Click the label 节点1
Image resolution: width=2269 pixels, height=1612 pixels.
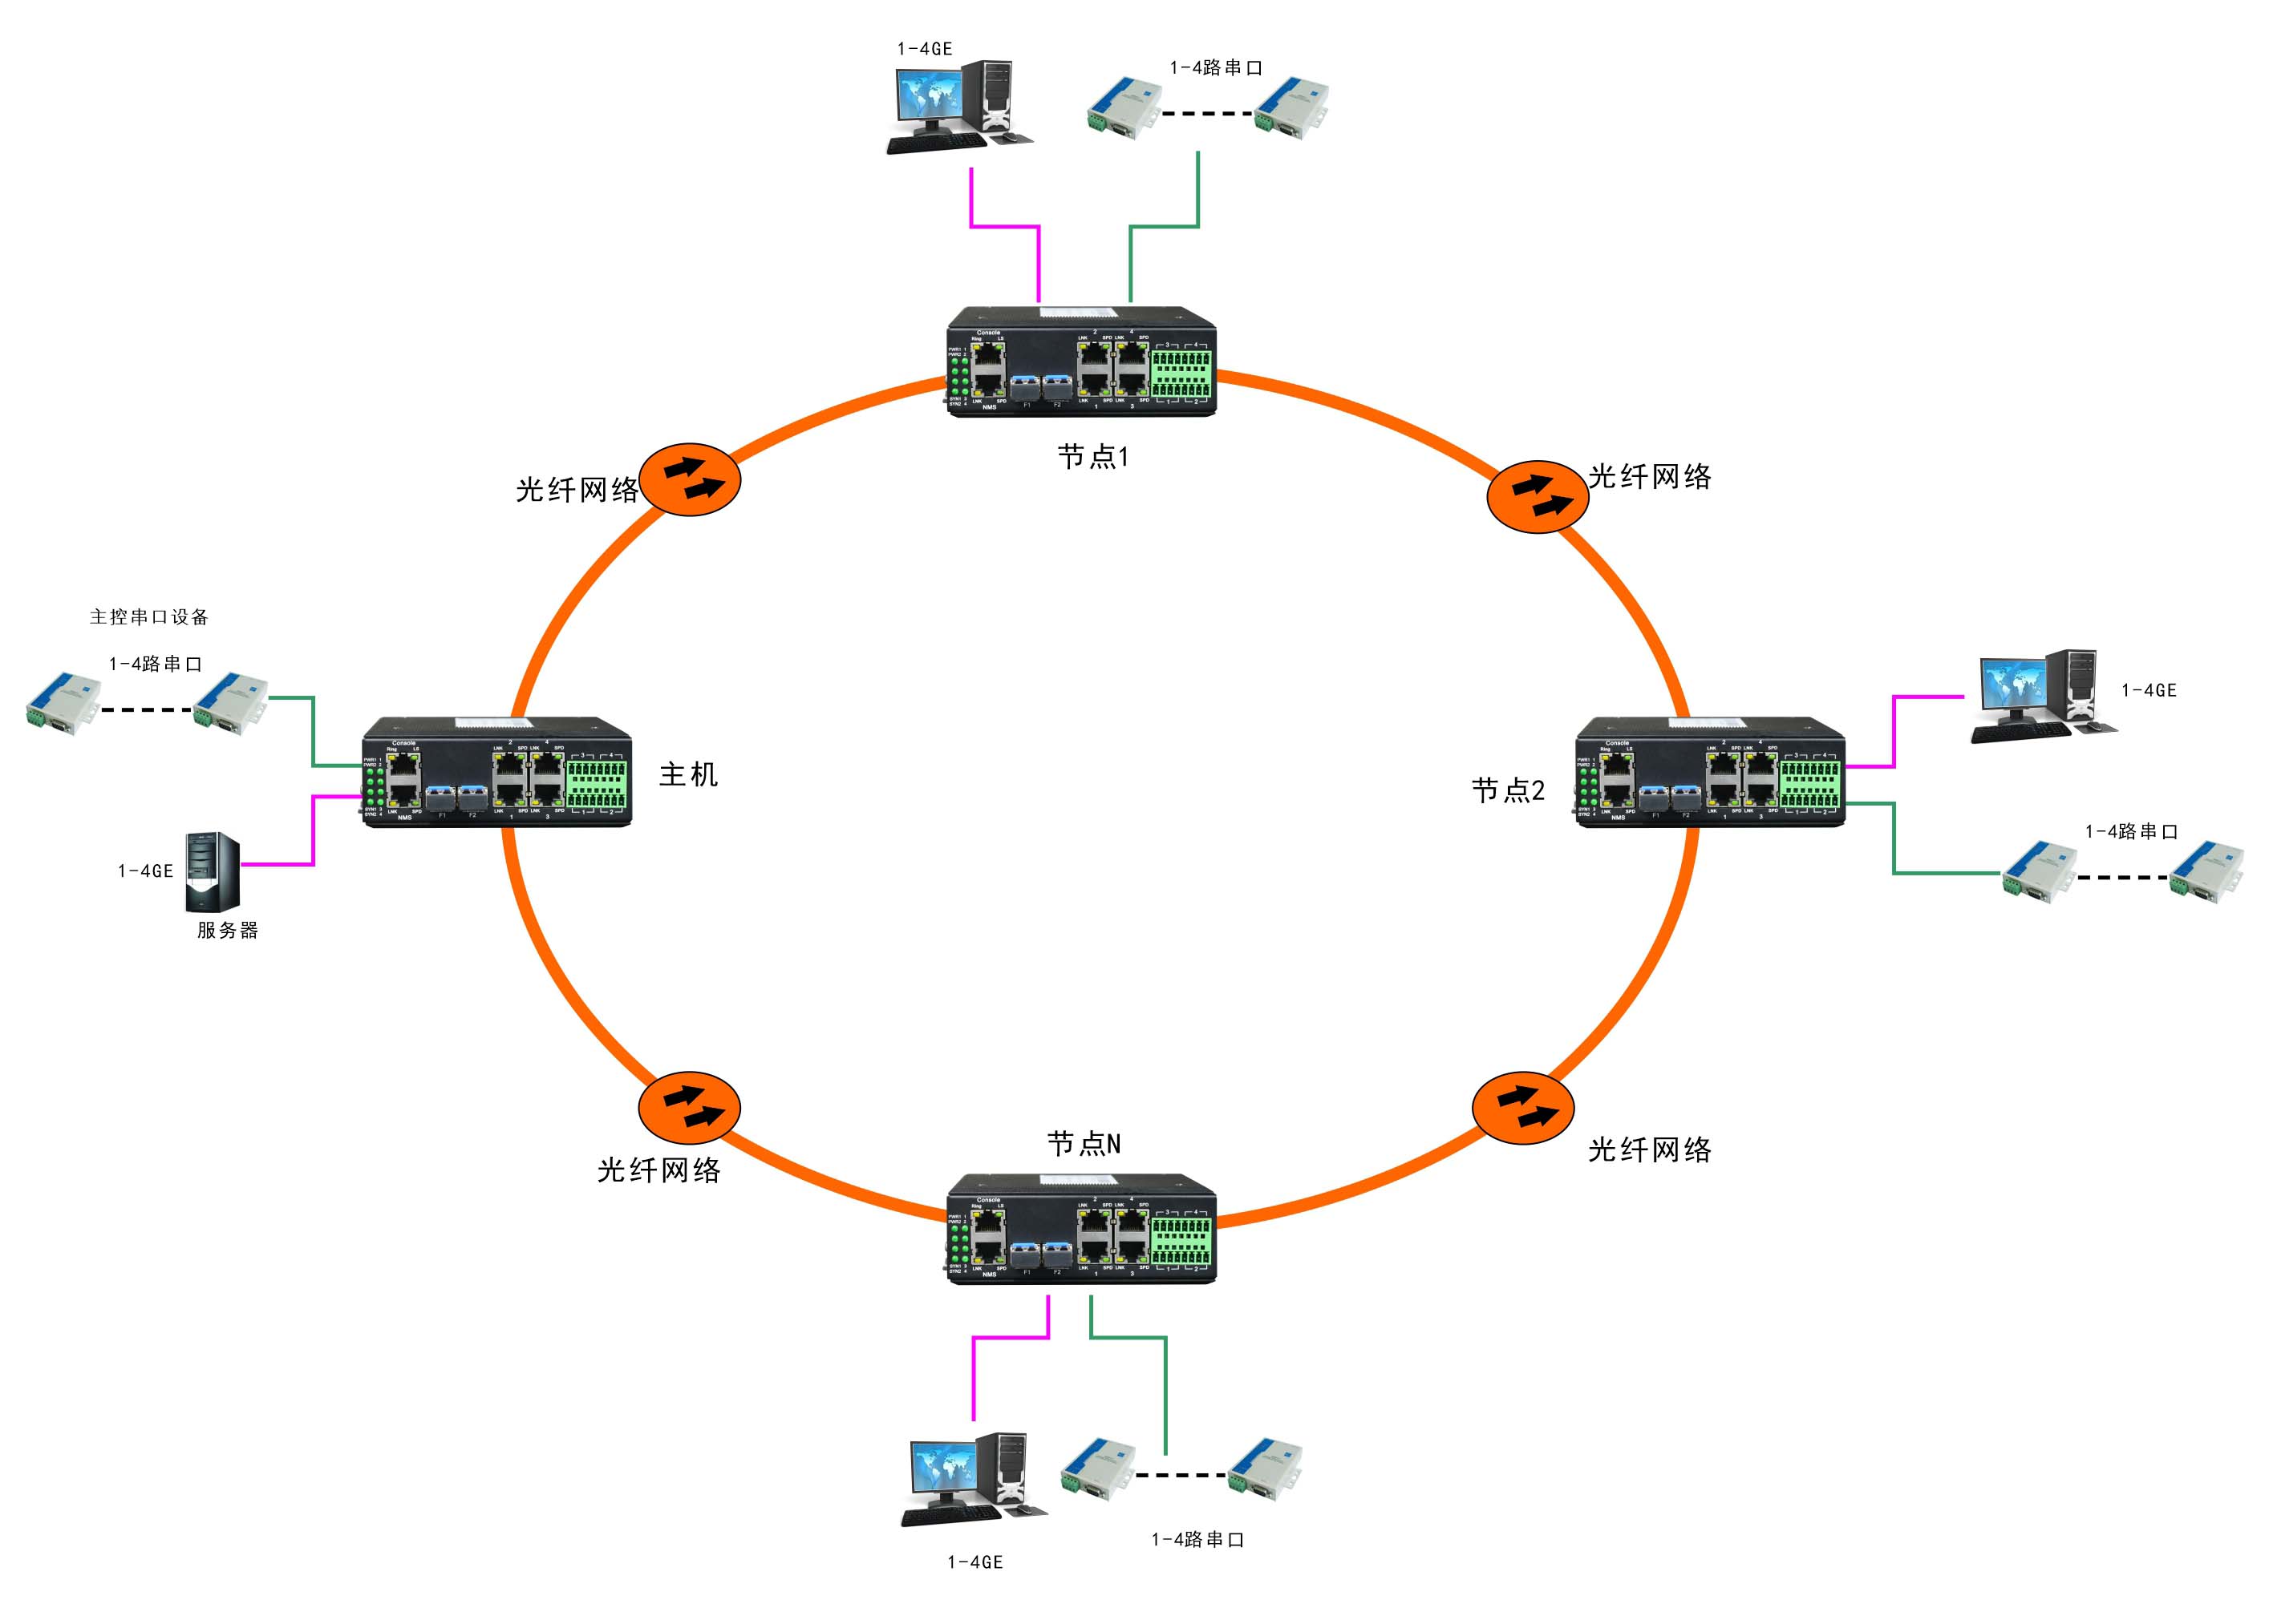pyautogui.click(x=1092, y=457)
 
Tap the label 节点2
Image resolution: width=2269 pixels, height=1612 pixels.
pyautogui.click(x=1507, y=790)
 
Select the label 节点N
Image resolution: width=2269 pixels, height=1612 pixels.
pyautogui.click(x=1084, y=1145)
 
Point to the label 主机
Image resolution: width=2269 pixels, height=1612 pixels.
pyautogui.click(x=687, y=774)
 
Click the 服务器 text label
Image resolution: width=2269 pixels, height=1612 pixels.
pyautogui.click(x=228, y=930)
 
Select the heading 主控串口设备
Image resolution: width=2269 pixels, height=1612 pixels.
pyautogui.click(x=149, y=616)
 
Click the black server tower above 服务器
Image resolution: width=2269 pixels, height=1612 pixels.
pyautogui.click(x=213, y=872)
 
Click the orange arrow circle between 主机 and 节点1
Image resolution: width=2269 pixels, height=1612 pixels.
pyautogui.click(x=690, y=479)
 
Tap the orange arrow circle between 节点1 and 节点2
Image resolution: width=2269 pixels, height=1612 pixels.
pyautogui.click(x=1538, y=496)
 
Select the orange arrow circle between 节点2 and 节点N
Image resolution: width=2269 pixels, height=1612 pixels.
pyautogui.click(x=1522, y=1108)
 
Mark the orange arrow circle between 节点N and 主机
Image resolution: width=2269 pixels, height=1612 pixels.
pyautogui.click(x=689, y=1108)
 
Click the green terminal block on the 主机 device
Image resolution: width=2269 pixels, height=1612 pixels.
pyautogui.click(x=596, y=784)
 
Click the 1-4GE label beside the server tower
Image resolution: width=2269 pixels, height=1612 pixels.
pyautogui.click(x=145, y=871)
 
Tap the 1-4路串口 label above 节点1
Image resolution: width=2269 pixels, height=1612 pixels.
pyautogui.click(x=1215, y=67)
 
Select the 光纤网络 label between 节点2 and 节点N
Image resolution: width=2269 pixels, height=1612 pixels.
pyautogui.click(x=1649, y=1149)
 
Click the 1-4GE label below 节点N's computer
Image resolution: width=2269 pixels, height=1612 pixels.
pyautogui.click(x=974, y=1561)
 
